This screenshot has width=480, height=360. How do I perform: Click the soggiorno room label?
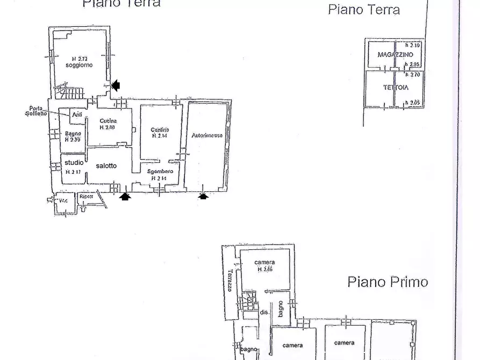tap(79, 65)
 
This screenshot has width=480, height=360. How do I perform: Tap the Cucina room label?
tap(108, 121)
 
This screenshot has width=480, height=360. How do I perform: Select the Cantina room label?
tap(160, 129)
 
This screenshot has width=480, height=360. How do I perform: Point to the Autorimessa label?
tap(207, 136)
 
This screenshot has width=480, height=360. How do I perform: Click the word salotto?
tap(106, 166)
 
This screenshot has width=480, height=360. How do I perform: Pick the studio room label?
tap(74, 162)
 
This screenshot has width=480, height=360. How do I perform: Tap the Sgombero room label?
tap(160, 171)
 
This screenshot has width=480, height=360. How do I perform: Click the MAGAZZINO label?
tap(395, 55)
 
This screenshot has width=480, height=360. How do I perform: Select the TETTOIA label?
tap(396, 87)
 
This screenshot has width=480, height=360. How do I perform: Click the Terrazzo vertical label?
tap(230, 280)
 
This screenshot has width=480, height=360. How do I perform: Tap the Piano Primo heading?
tap(388, 282)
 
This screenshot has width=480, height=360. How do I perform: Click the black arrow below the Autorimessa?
tap(203, 197)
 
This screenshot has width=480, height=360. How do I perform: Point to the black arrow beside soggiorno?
tap(116, 85)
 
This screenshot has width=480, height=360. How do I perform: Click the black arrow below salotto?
tap(125, 197)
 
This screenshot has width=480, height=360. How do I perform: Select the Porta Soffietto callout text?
tap(37, 111)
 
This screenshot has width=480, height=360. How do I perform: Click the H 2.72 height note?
tap(79, 58)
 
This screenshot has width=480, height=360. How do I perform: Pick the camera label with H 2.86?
tap(264, 262)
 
